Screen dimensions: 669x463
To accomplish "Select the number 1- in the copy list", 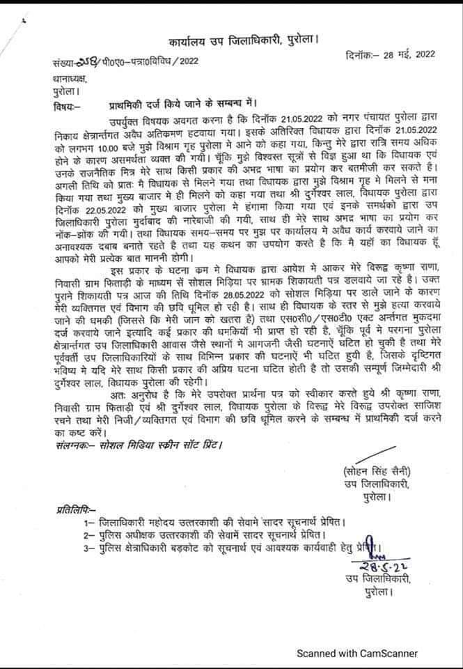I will [x=88, y=523].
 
